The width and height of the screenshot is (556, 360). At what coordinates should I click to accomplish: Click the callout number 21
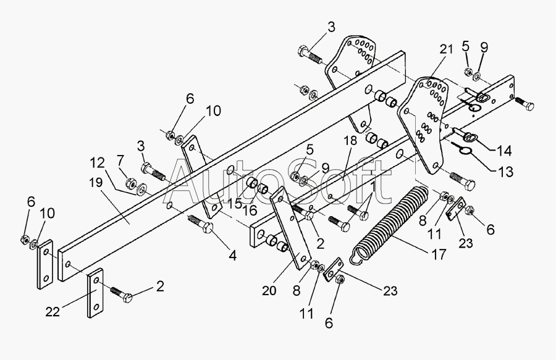coord(446,49)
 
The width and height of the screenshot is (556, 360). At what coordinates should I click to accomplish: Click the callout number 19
coord(96,183)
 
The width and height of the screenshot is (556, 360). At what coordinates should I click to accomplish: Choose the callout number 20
coord(269,291)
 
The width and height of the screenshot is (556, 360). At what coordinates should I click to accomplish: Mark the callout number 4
coord(233,256)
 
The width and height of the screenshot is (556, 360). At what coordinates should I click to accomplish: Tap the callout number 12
coord(97,163)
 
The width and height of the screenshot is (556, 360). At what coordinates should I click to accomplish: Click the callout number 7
coord(120,161)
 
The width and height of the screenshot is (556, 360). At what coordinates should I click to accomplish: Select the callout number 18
coord(350,140)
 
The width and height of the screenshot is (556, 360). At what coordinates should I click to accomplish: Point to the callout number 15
coord(235,204)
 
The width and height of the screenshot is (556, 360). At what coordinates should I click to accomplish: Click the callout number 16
coord(250,210)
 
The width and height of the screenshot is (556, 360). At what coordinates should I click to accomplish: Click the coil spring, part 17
coord(389,226)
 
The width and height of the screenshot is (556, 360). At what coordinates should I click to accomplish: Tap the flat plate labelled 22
coord(95,293)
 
